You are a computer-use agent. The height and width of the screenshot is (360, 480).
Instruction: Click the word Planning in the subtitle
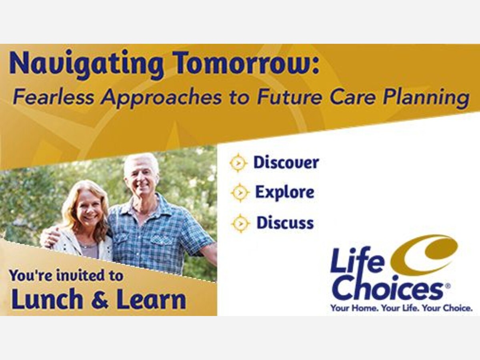(x=426, y=98)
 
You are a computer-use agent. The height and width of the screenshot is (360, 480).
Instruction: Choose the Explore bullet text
(x=285, y=192)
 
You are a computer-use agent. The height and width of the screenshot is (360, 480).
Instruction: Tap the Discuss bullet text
(x=285, y=222)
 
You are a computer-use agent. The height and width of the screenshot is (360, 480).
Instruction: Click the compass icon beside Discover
(x=238, y=163)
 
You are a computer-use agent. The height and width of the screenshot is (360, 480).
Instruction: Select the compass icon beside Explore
(x=240, y=192)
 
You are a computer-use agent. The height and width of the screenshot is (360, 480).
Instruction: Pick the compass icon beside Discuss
(x=240, y=223)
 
